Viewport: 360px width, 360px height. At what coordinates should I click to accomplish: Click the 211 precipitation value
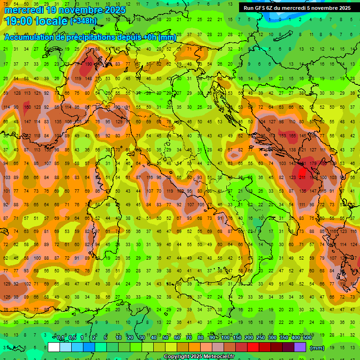[302, 178]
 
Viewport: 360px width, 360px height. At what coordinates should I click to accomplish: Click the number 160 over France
[28, 107]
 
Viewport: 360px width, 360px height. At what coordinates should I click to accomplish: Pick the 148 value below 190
[88, 78]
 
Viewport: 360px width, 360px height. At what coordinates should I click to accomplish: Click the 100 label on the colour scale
[225, 338]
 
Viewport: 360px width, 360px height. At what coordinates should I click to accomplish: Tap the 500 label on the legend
[307, 338]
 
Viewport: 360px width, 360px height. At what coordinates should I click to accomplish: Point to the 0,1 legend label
[60, 338]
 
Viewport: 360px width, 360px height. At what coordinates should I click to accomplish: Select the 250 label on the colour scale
[260, 338]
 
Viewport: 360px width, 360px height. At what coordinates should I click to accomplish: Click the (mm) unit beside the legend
[317, 348]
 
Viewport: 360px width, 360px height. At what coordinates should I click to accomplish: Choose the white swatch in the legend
[54, 347]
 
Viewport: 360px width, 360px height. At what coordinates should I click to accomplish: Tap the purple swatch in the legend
[300, 347]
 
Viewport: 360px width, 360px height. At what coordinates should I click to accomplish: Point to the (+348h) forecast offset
[83, 21]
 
